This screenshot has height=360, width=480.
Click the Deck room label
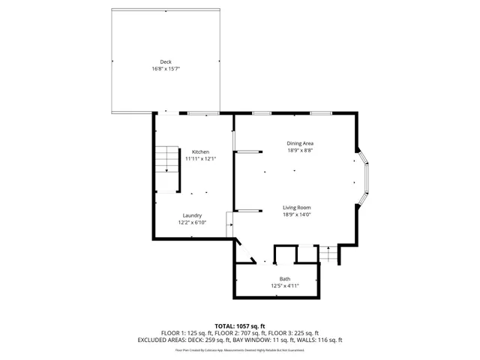coord(165,61)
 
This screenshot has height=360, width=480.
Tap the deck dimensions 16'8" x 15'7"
coord(165,68)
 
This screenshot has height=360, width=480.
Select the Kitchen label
coord(200,151)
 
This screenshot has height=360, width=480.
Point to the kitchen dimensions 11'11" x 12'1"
coord(200,158)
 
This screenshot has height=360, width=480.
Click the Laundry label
coord(192,215)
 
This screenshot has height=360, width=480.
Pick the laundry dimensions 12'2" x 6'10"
coord(192,222)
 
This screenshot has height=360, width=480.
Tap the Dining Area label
coord(299,143)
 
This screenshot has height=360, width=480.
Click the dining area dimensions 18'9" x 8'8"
coord(299,150)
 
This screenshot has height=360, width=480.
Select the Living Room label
coord(297,208)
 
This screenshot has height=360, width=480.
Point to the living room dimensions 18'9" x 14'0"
coord(297,214)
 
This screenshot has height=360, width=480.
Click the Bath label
coord(285,278)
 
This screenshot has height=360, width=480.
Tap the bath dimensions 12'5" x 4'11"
coord(285,285)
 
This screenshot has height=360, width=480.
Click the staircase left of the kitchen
coord(167,159)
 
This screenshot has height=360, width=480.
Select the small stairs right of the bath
coord(328,255)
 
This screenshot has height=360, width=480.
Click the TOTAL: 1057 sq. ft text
coord(240,325)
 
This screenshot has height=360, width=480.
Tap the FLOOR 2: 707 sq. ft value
coord(240,332)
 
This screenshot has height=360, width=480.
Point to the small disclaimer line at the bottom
coord(240,349)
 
